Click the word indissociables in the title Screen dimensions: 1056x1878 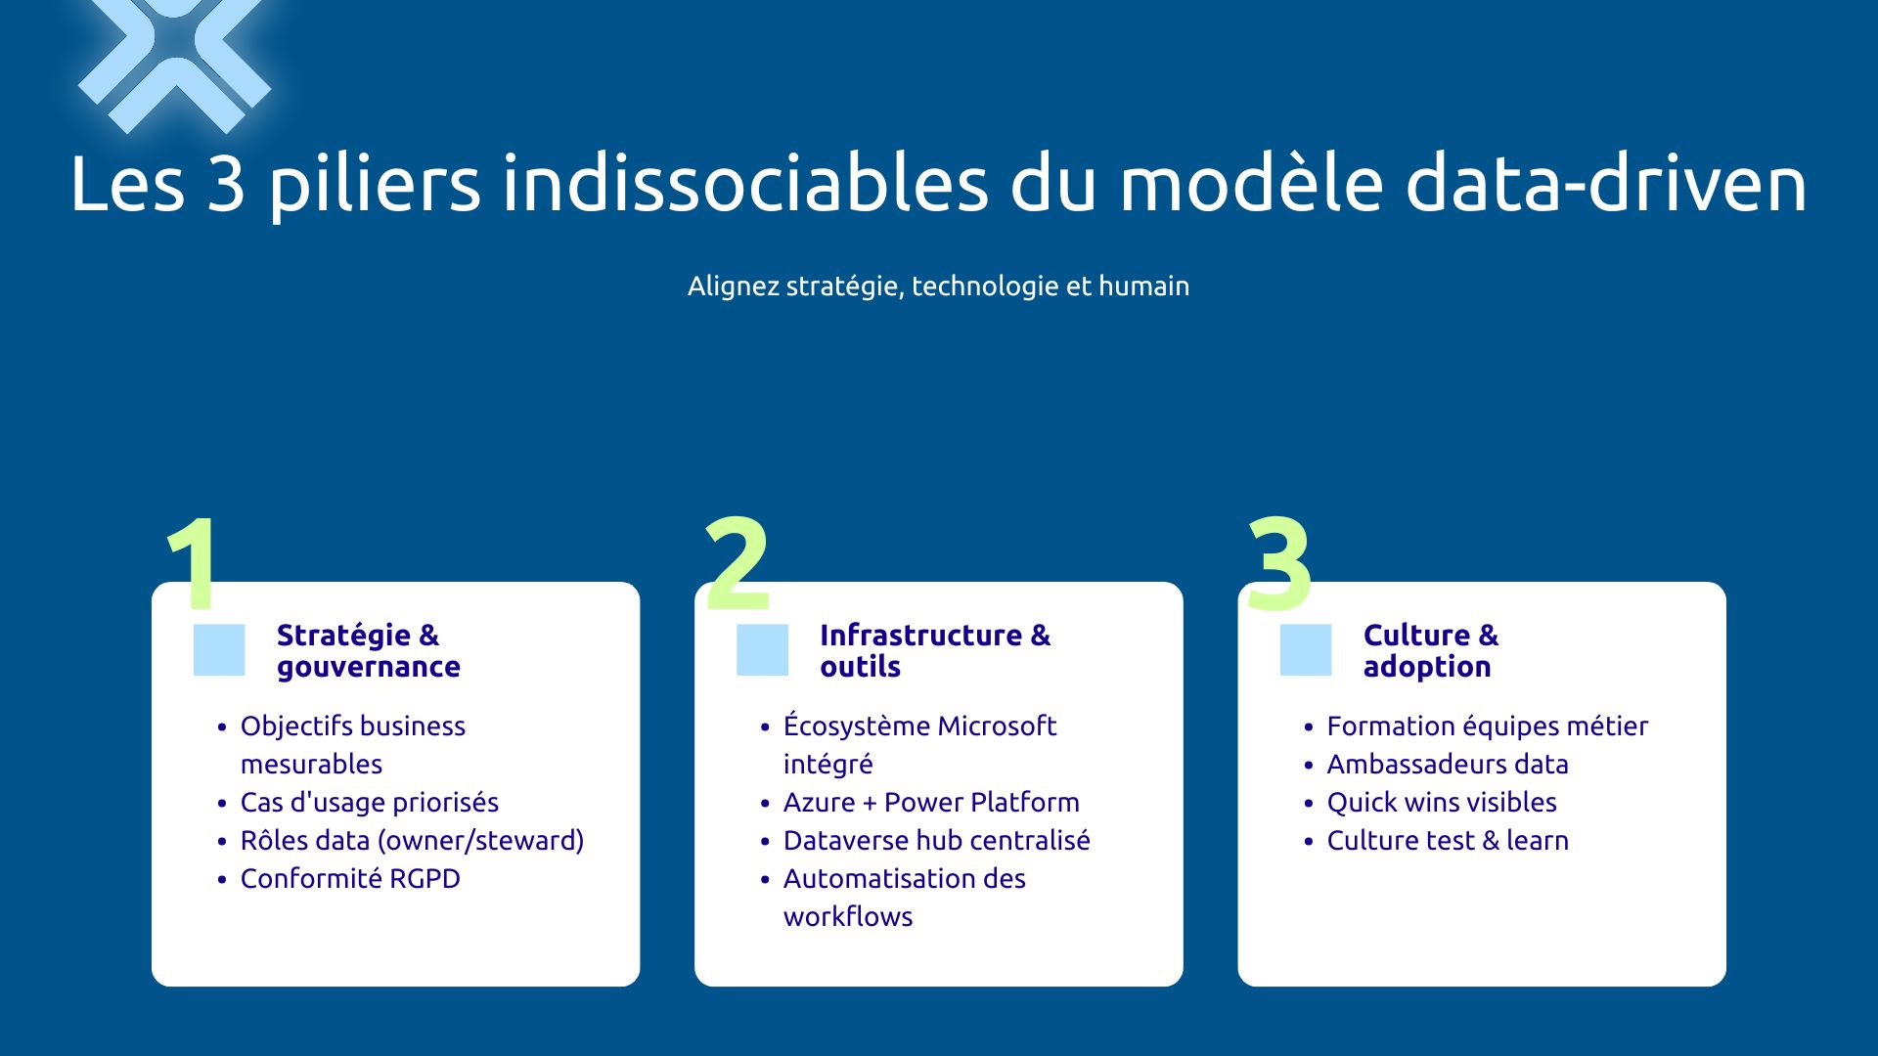745,184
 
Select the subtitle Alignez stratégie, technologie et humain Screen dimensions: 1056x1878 938,286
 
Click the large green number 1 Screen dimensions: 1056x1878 196,564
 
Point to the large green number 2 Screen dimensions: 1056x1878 737,564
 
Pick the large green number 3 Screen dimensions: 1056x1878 1278,564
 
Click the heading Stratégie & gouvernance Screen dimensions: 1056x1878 367,650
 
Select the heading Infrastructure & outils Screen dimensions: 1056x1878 934,650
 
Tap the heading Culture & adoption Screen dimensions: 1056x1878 1430,650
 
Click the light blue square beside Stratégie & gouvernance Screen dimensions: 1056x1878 219,650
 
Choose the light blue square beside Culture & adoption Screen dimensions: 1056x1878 1305,650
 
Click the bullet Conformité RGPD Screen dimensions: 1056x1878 350,878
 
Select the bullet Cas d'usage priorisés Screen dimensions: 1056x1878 369,803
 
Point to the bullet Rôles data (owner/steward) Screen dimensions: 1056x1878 412,841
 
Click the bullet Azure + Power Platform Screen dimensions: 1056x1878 931,803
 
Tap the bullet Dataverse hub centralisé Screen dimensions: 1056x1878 936,841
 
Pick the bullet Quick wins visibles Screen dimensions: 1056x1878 1441,803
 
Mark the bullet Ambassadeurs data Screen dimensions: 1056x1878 1447,765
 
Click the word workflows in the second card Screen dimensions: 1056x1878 847,917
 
